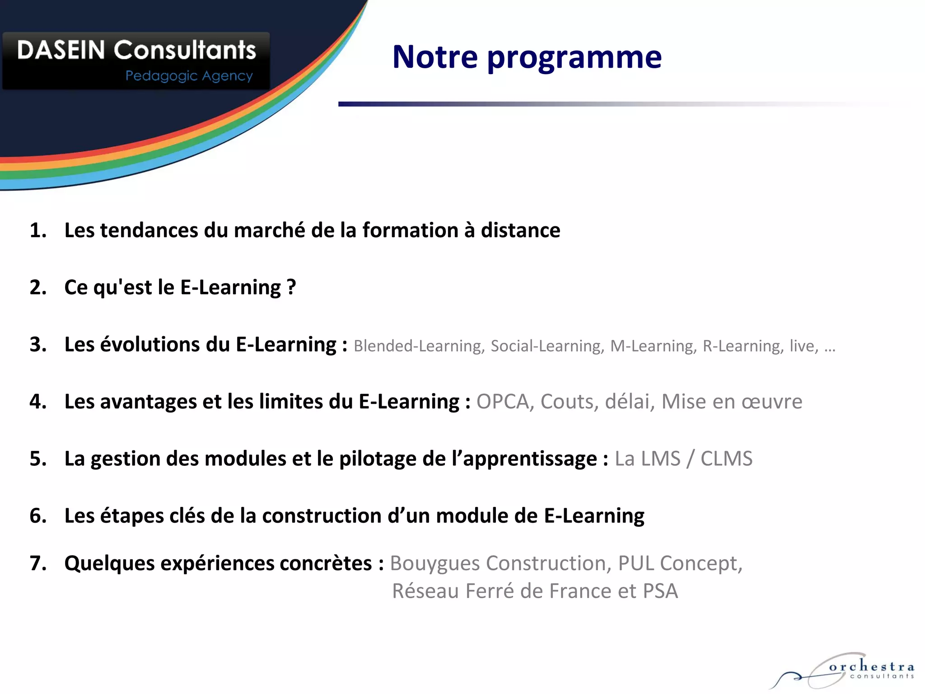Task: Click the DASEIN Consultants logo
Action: tap(136, 60)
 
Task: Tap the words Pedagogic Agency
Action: tap(189, 76)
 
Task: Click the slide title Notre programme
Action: tap(527, 57)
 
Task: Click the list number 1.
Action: tap(38, 230)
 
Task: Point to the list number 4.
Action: tap(38, 402)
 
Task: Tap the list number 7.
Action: tap(38, 563)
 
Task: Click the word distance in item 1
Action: tap(520, 230)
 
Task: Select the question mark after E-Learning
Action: tap(291, 287)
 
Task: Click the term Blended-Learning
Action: tap(419, 346)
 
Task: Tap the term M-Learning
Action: tap(653, 346)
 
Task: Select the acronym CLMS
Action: tap(726, 459)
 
